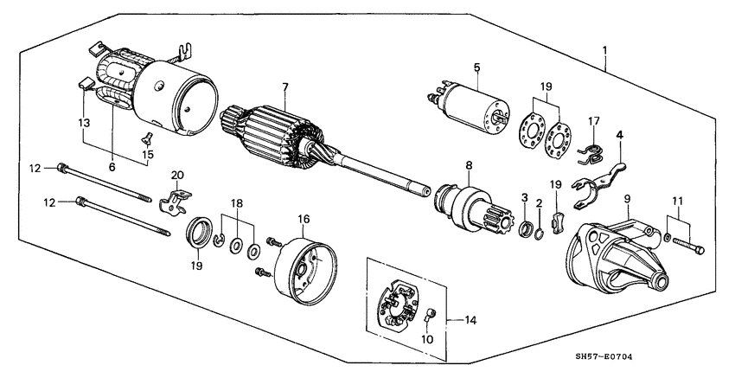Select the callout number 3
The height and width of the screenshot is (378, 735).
click(524, 200)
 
